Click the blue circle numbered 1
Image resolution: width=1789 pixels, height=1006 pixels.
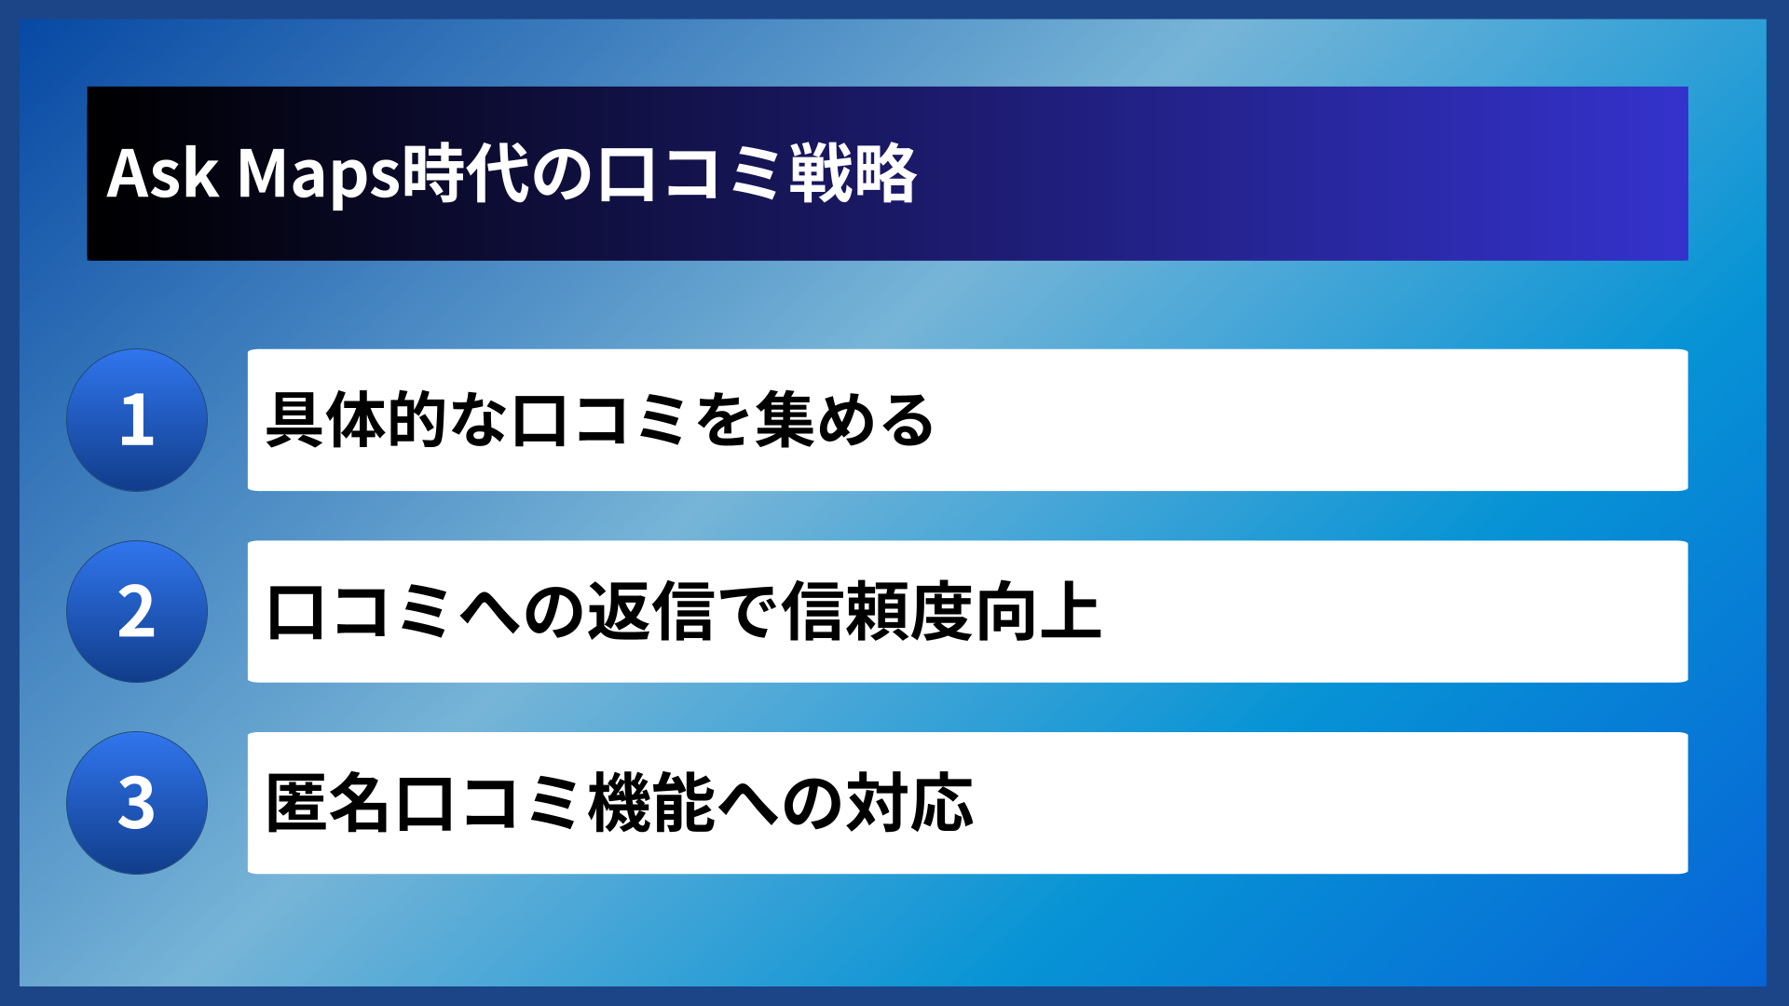pyautogui.click(x=137, y=420)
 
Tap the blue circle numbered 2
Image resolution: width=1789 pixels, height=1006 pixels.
pyautogui.click(x=137, y=612)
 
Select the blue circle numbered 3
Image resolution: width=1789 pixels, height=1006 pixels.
pyautogui.click(x=137, y=803)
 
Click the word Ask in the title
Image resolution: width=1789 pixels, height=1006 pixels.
pyautogui.click(x=163, y=174)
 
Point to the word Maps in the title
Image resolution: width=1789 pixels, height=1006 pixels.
pyautogui.click(x=319, y=174)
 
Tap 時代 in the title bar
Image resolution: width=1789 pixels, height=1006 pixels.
pyautogui.click(x=466, y=174)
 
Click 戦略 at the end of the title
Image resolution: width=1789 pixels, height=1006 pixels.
pyautogui.click(x=853, y=174)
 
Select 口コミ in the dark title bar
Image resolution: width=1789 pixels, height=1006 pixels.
pyautogui.click(x=690, y=174)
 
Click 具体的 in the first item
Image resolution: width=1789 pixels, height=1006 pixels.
pyautogui.click(x=357, y=420)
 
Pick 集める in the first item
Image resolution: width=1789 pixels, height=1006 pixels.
pyautogui.click(x=843, y=420)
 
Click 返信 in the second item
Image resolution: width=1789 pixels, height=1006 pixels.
pyautogui.click(x=650, y=612)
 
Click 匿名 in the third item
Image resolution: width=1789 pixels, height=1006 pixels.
pyautogui.click(x=327, y=803)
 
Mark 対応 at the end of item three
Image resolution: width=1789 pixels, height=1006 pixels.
pyautogui.click(x=909, y=803)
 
